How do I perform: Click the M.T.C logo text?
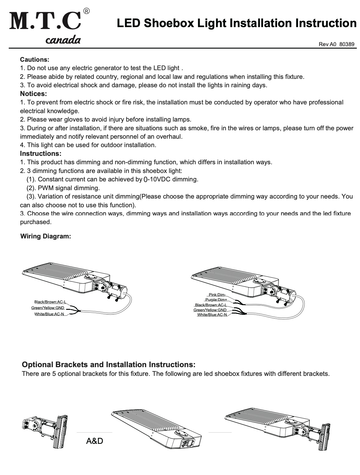(46, 21)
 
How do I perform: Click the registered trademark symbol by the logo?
(87, 11)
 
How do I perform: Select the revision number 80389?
(347, 44)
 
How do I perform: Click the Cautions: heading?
(35, 59)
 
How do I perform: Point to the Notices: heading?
(33, 94)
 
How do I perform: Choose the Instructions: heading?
(41, 153)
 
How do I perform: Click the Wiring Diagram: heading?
(46, 236)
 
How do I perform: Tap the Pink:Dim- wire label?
(217, 295)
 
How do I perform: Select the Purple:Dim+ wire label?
(216, 300)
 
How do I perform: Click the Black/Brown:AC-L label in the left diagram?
(50, 302)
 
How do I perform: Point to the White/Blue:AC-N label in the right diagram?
(212, 315)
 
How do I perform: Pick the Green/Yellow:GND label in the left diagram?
(48, 308)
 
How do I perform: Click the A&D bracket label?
(94, 441)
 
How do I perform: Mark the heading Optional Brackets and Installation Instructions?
(109, 365)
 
